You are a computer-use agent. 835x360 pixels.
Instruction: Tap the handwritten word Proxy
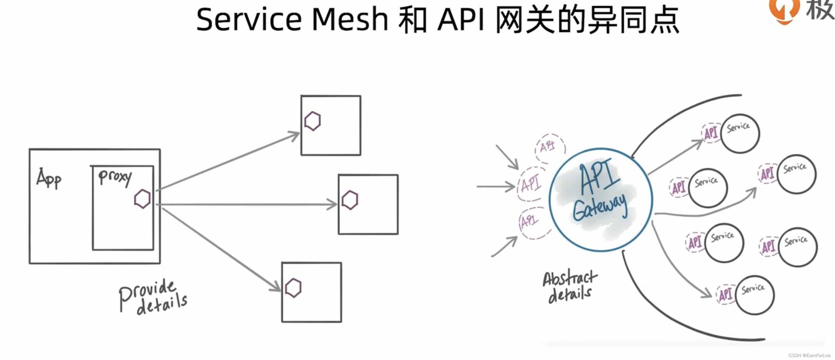pyautogui.click(x=115, y=178)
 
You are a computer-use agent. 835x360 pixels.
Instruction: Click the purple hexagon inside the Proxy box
pyautogui.click(x=142, y=199)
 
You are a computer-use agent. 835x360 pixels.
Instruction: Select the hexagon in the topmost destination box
pyautogui.click(x=313, y=121)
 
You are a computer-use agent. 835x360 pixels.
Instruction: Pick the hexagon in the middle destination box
pyautogui.click(x=350, y=200)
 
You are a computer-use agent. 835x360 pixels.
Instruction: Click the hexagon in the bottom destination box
pyautogui.click(x=293, y=288)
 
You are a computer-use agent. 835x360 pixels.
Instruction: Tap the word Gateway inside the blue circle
pyautogui.click(x=600, y=207)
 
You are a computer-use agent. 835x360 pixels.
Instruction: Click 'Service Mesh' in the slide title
pyautogui.click(x=292, y=19)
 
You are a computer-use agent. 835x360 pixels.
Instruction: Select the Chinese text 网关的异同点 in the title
pyautogui.click(x=587, y=20)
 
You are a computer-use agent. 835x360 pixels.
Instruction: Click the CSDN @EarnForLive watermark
pyautogui.click(x=809, y=355)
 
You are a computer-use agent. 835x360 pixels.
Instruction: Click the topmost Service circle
pyautogui.click(x=740, y=134)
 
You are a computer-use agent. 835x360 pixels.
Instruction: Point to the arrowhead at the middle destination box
pyautogui.click(x=332, y=204)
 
